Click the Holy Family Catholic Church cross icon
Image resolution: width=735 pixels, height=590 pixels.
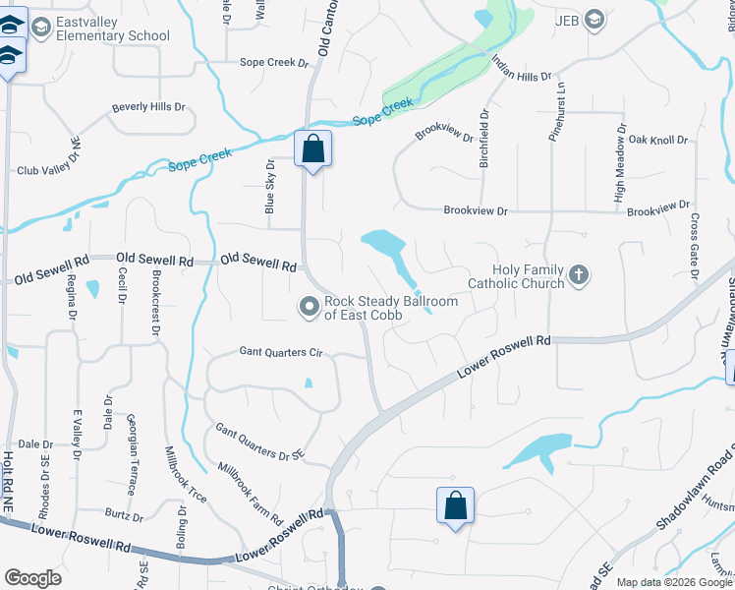coord(579,274)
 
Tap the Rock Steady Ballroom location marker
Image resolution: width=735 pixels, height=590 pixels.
coord(310,308)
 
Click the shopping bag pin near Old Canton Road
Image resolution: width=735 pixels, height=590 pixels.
coord(313,150)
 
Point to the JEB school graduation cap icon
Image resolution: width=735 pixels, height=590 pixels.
coord(594,19)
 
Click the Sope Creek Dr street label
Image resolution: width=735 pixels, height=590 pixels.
coord(275,63)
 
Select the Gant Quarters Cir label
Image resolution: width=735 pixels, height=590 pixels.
coord(281,351)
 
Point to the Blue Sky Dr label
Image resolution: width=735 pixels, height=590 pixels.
coord(269,188)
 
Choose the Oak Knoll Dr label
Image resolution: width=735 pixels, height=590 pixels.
coord(658,141)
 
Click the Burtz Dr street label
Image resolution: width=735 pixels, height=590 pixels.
coord(123,515)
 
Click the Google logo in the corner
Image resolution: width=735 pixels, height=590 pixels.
coord(32,578)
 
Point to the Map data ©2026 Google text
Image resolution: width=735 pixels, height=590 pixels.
coord(673,582)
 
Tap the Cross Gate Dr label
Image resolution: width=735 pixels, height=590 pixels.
coord(695,245)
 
